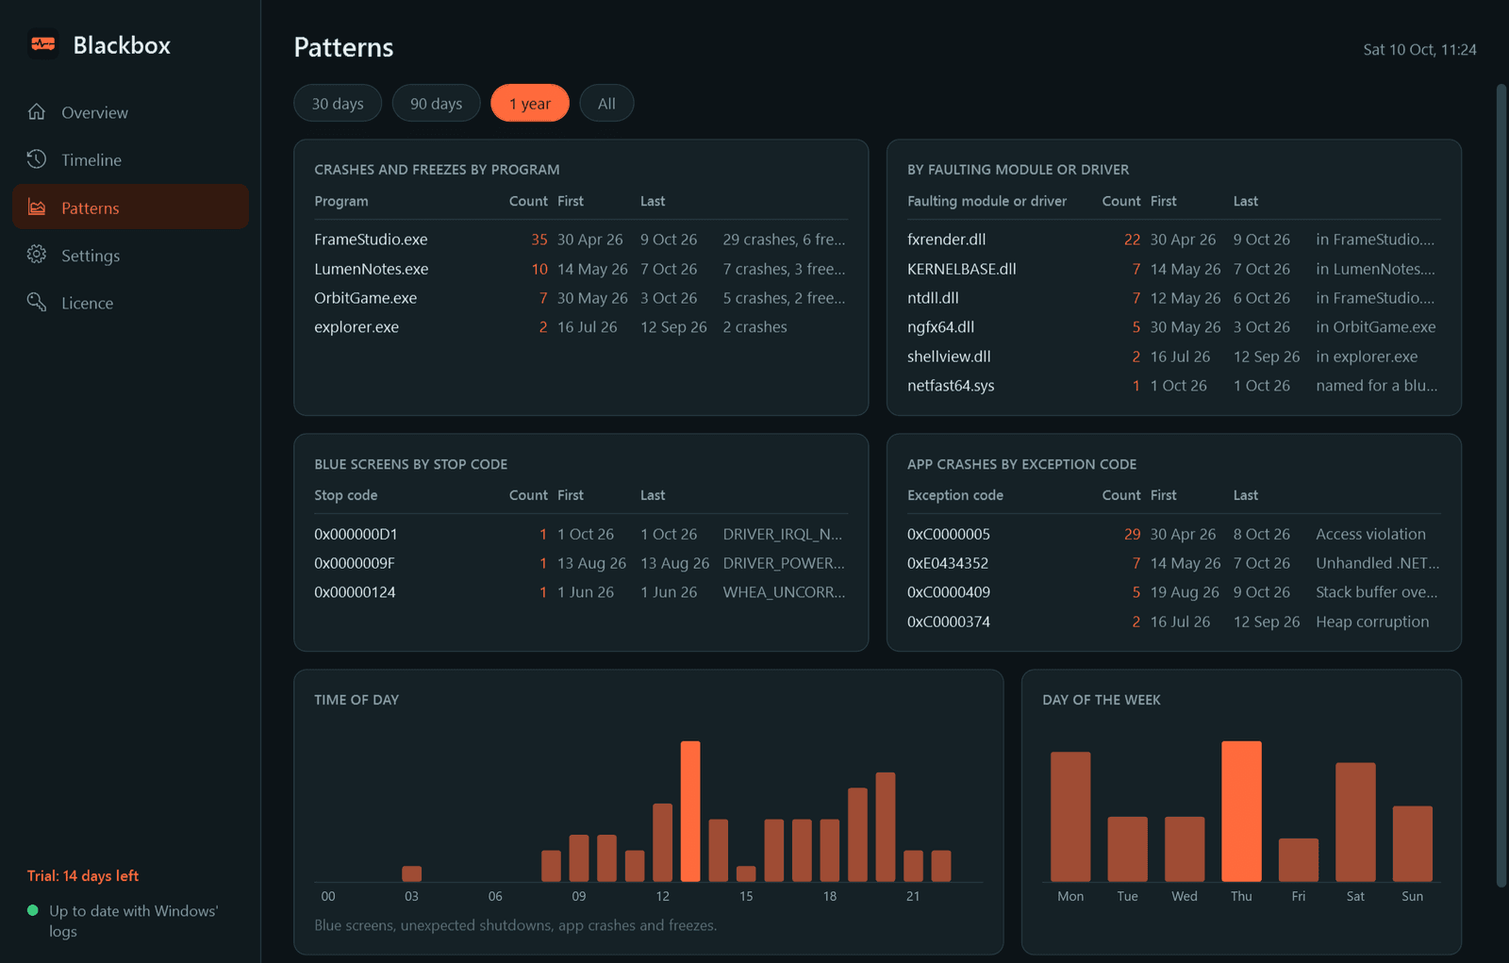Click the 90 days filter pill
436,103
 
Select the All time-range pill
606,103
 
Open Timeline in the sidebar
91,159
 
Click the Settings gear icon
37,255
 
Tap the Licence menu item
87,304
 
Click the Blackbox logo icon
43,44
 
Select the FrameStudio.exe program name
371,240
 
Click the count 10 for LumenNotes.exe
539,269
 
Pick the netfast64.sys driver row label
951,386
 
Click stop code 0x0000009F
355,563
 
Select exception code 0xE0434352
947,563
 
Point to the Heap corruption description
1371,622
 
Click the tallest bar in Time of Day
689,811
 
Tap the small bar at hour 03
411,873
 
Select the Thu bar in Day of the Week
1241,811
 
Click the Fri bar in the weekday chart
1298,860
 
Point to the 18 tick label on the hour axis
829,896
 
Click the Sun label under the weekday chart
1412,896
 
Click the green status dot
32,910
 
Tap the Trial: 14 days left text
83,875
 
